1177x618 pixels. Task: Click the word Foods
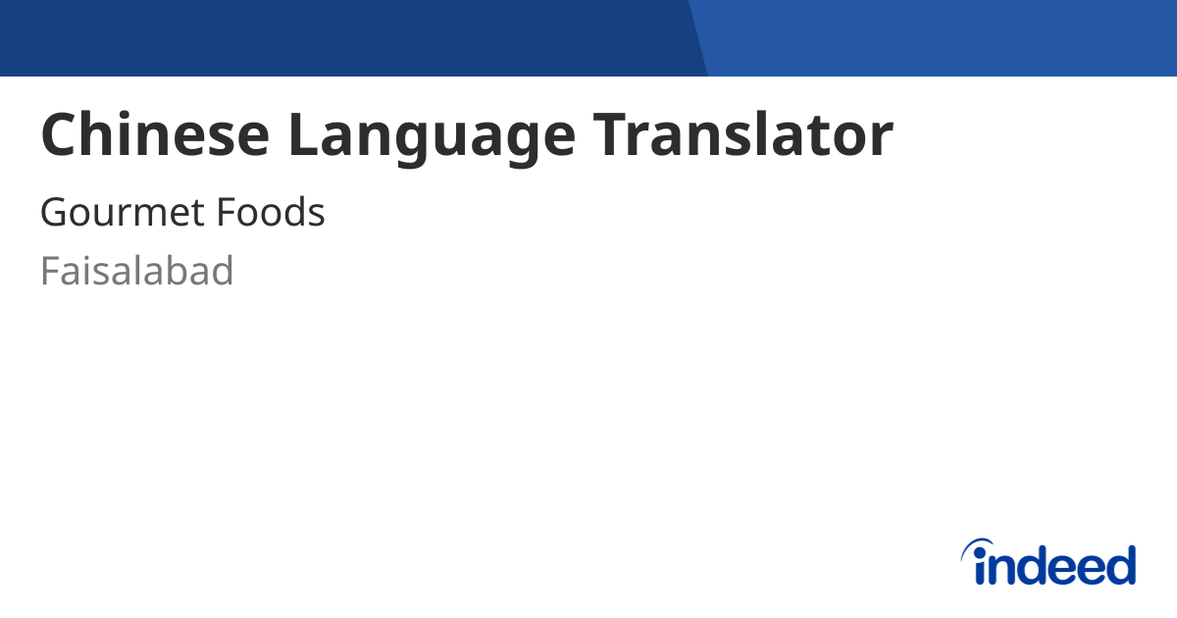pos(271,213)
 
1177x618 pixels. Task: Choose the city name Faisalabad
pos(136,271)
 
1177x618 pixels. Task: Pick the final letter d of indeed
pos(1120,565)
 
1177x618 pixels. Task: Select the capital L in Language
pos(303,135)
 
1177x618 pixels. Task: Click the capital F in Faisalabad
pos(50,271)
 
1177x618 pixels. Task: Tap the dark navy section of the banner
pos(343,37)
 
